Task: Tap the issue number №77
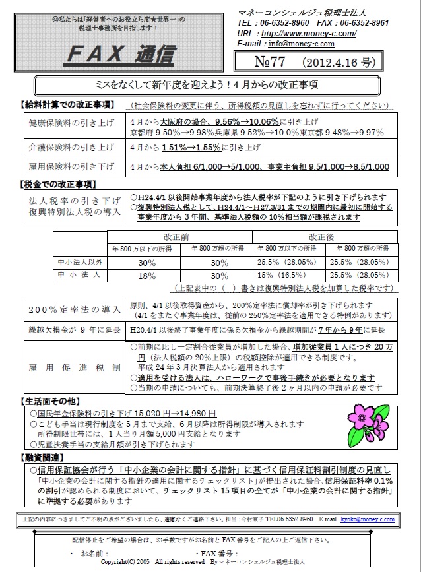(267, 63)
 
